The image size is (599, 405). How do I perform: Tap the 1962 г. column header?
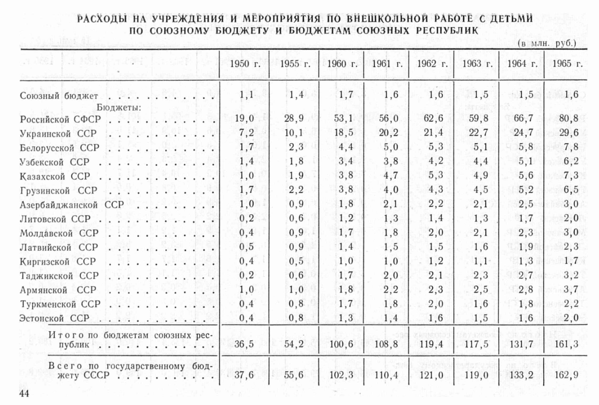[x=432, y=64]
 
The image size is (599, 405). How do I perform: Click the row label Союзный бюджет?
[x=59, y=96]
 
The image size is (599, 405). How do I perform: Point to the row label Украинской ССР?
[x=58, y=134]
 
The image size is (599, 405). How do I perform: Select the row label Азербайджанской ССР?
[x=72, y=205]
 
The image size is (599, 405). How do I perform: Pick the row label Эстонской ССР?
[x=54, y=318]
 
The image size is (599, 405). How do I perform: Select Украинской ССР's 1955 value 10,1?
[x=294, y=133]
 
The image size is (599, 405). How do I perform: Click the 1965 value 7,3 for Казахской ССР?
[x=571, y=176]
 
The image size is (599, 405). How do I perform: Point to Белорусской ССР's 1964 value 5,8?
[x=525, y=147]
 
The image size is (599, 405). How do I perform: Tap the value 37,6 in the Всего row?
[x=244, y=375]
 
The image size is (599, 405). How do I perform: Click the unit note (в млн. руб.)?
[x=547, y=43]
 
